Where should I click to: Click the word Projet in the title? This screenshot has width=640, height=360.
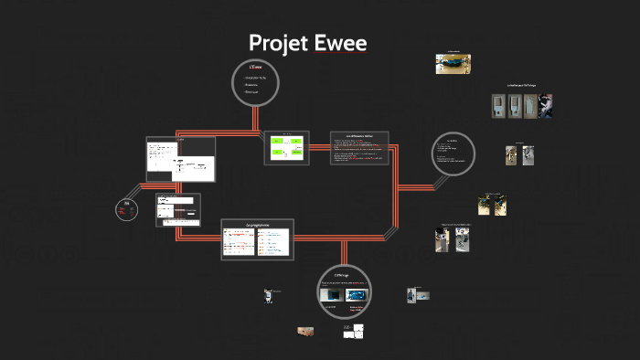click(280, 43)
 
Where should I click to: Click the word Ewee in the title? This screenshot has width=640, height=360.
click(341, 43)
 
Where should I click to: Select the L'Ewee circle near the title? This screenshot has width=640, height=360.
click(256, 82)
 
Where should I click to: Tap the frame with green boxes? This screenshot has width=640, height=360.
click(286, 147)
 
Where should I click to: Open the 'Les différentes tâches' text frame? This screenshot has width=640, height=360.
click(359, 148)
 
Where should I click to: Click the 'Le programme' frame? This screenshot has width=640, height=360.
click(257, 238)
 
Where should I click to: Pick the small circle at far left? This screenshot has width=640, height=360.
click(128, 209)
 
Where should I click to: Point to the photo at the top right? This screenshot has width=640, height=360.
click(453, 62)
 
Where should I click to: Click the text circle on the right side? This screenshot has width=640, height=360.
click(453, 154)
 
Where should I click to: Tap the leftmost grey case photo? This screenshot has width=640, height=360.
click(497, 106)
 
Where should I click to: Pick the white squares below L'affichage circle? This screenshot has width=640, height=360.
click(353, 333)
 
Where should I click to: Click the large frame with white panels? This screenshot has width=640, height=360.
click(180, 159)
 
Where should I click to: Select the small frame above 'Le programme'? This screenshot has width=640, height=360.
click(177, 208)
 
